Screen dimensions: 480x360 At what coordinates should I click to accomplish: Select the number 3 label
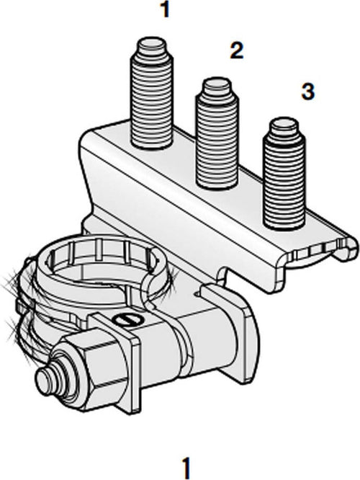pyautogui.click(x=307, y=92)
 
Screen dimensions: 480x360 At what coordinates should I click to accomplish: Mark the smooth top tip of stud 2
pyautogui.click(x=217, y=88)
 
